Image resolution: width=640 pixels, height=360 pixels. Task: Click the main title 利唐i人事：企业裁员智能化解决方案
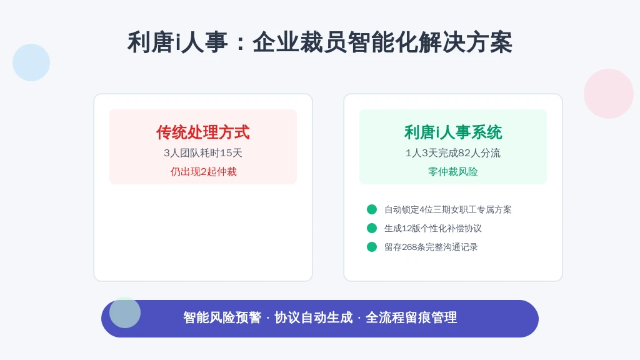(x=319, y=42)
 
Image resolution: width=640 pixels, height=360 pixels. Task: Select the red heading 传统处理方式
(x=203, y=132)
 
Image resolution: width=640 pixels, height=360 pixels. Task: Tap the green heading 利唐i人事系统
(x=453, y=132)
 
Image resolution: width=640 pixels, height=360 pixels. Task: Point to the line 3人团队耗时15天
(x=203, y=153)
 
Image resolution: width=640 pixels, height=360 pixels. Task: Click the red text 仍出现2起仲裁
(x=203, y=172)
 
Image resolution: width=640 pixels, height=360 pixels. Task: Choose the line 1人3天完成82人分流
(x=452, y=153)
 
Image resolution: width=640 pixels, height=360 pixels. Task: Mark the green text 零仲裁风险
(x=452, y=172)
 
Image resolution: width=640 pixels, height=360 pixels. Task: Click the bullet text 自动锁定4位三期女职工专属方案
(x=447, y=210)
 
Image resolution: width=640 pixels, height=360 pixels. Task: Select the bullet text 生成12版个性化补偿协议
(x=432, y=229)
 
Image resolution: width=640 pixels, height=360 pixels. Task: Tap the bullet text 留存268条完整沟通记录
(x=431, y=247)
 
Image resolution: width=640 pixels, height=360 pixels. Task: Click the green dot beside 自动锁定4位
(x=372, y=209)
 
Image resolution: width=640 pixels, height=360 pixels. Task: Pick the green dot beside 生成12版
(x=372, y=228)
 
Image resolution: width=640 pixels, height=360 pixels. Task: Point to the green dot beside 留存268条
(x=372, y=247)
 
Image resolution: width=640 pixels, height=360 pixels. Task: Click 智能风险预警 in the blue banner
(x=222, y=317)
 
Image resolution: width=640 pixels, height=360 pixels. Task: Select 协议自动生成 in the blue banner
(x=314, y=317)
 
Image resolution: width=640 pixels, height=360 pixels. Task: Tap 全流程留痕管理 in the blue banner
(x=411, y=317)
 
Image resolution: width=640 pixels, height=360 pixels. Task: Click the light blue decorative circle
(x=31, y=62)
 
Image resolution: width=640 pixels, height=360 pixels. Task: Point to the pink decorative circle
(x=609, y=94)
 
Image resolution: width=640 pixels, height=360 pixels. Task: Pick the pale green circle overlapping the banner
(x=125, y=312)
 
